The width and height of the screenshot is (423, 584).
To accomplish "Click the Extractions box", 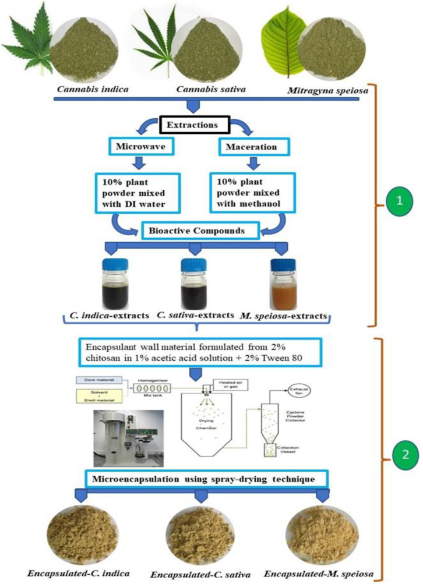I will point(192,125).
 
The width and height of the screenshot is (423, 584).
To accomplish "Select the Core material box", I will point(101,380).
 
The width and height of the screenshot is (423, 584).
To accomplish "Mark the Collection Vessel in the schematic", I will point(270,451).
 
